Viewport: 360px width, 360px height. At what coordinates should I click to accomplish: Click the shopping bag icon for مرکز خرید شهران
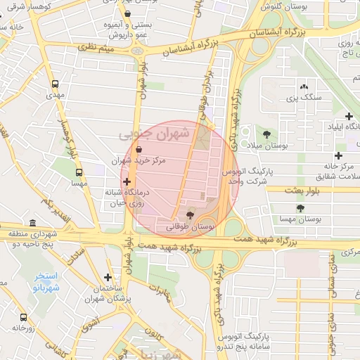coord(138,149)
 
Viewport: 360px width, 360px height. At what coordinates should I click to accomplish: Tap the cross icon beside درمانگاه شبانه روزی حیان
coord(127,182)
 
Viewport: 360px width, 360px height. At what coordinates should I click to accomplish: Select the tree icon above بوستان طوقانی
coord(190,214)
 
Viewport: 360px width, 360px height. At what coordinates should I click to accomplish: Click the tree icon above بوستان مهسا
coord(301,208)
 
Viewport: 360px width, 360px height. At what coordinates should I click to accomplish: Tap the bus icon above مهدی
coord(56,84)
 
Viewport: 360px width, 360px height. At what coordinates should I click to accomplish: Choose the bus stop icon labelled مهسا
coord(79,172)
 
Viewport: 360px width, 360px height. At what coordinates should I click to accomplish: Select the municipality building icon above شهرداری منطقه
coord(32,223)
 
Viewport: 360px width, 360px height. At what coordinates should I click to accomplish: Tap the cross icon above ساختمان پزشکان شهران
coord(107,278)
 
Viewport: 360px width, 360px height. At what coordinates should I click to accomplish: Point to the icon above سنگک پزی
coord(304,85)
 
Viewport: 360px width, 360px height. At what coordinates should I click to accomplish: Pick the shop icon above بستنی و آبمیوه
coord(127,13)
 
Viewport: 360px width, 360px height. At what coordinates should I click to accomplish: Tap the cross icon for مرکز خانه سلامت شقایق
coord(339,155)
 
